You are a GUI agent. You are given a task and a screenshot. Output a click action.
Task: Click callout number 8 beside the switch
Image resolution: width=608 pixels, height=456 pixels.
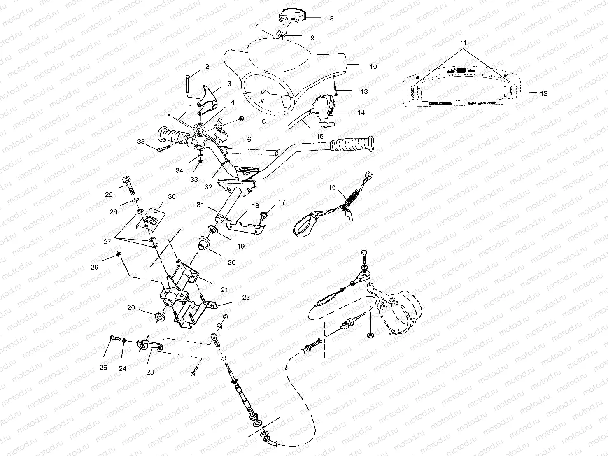[x=332, y=19]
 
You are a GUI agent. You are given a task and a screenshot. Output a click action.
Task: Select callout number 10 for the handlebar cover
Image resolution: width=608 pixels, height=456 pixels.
[x=373, y=67]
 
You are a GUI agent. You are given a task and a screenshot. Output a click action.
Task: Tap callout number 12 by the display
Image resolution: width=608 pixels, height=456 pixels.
[x=544, y=94]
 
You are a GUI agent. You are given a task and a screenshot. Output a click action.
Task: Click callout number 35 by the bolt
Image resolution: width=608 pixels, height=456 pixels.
[x=141, y=142]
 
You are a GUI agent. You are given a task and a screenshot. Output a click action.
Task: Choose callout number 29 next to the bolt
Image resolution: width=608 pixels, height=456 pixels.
[x=109, y=195]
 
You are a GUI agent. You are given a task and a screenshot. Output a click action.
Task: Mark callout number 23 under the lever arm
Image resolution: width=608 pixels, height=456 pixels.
[x=150, y=372]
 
